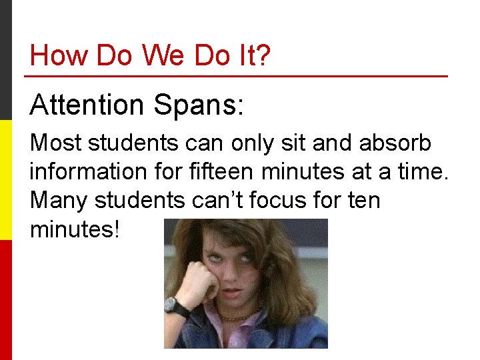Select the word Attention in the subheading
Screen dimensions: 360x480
coord(87,105)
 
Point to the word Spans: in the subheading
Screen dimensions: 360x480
coord(199,105)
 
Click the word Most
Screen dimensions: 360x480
coord(56,143)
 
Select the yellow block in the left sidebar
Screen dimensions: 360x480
coord(6,180)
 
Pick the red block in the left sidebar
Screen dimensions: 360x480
coord(6,300)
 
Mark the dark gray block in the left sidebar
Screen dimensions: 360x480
coord(6,60)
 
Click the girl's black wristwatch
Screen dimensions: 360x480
coord(177,307)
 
